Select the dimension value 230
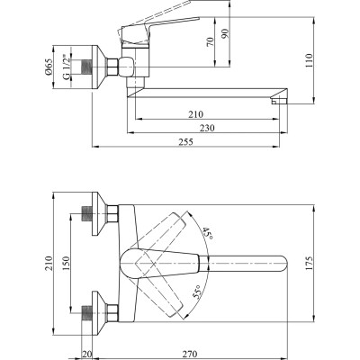pos(206,128)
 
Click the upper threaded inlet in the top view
pos(87,214)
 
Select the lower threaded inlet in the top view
pos(87,312)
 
